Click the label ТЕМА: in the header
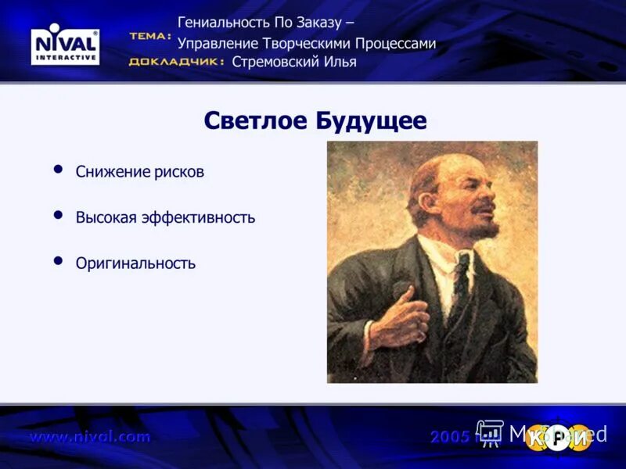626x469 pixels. (x=149, y=37)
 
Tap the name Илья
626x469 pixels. (x=340, y=63)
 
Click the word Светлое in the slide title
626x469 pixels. (x=255, y=121)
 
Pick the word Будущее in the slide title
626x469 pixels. (x=371, y=121)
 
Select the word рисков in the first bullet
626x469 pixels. (x=179, y=172)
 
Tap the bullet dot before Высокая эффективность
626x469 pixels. (x=58, y=216)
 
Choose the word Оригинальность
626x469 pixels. (x=135, y=263)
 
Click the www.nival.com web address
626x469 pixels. (x=89, y=437)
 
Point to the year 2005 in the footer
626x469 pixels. (x=450, y=437)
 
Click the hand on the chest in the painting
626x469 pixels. (x=399, y=317)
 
